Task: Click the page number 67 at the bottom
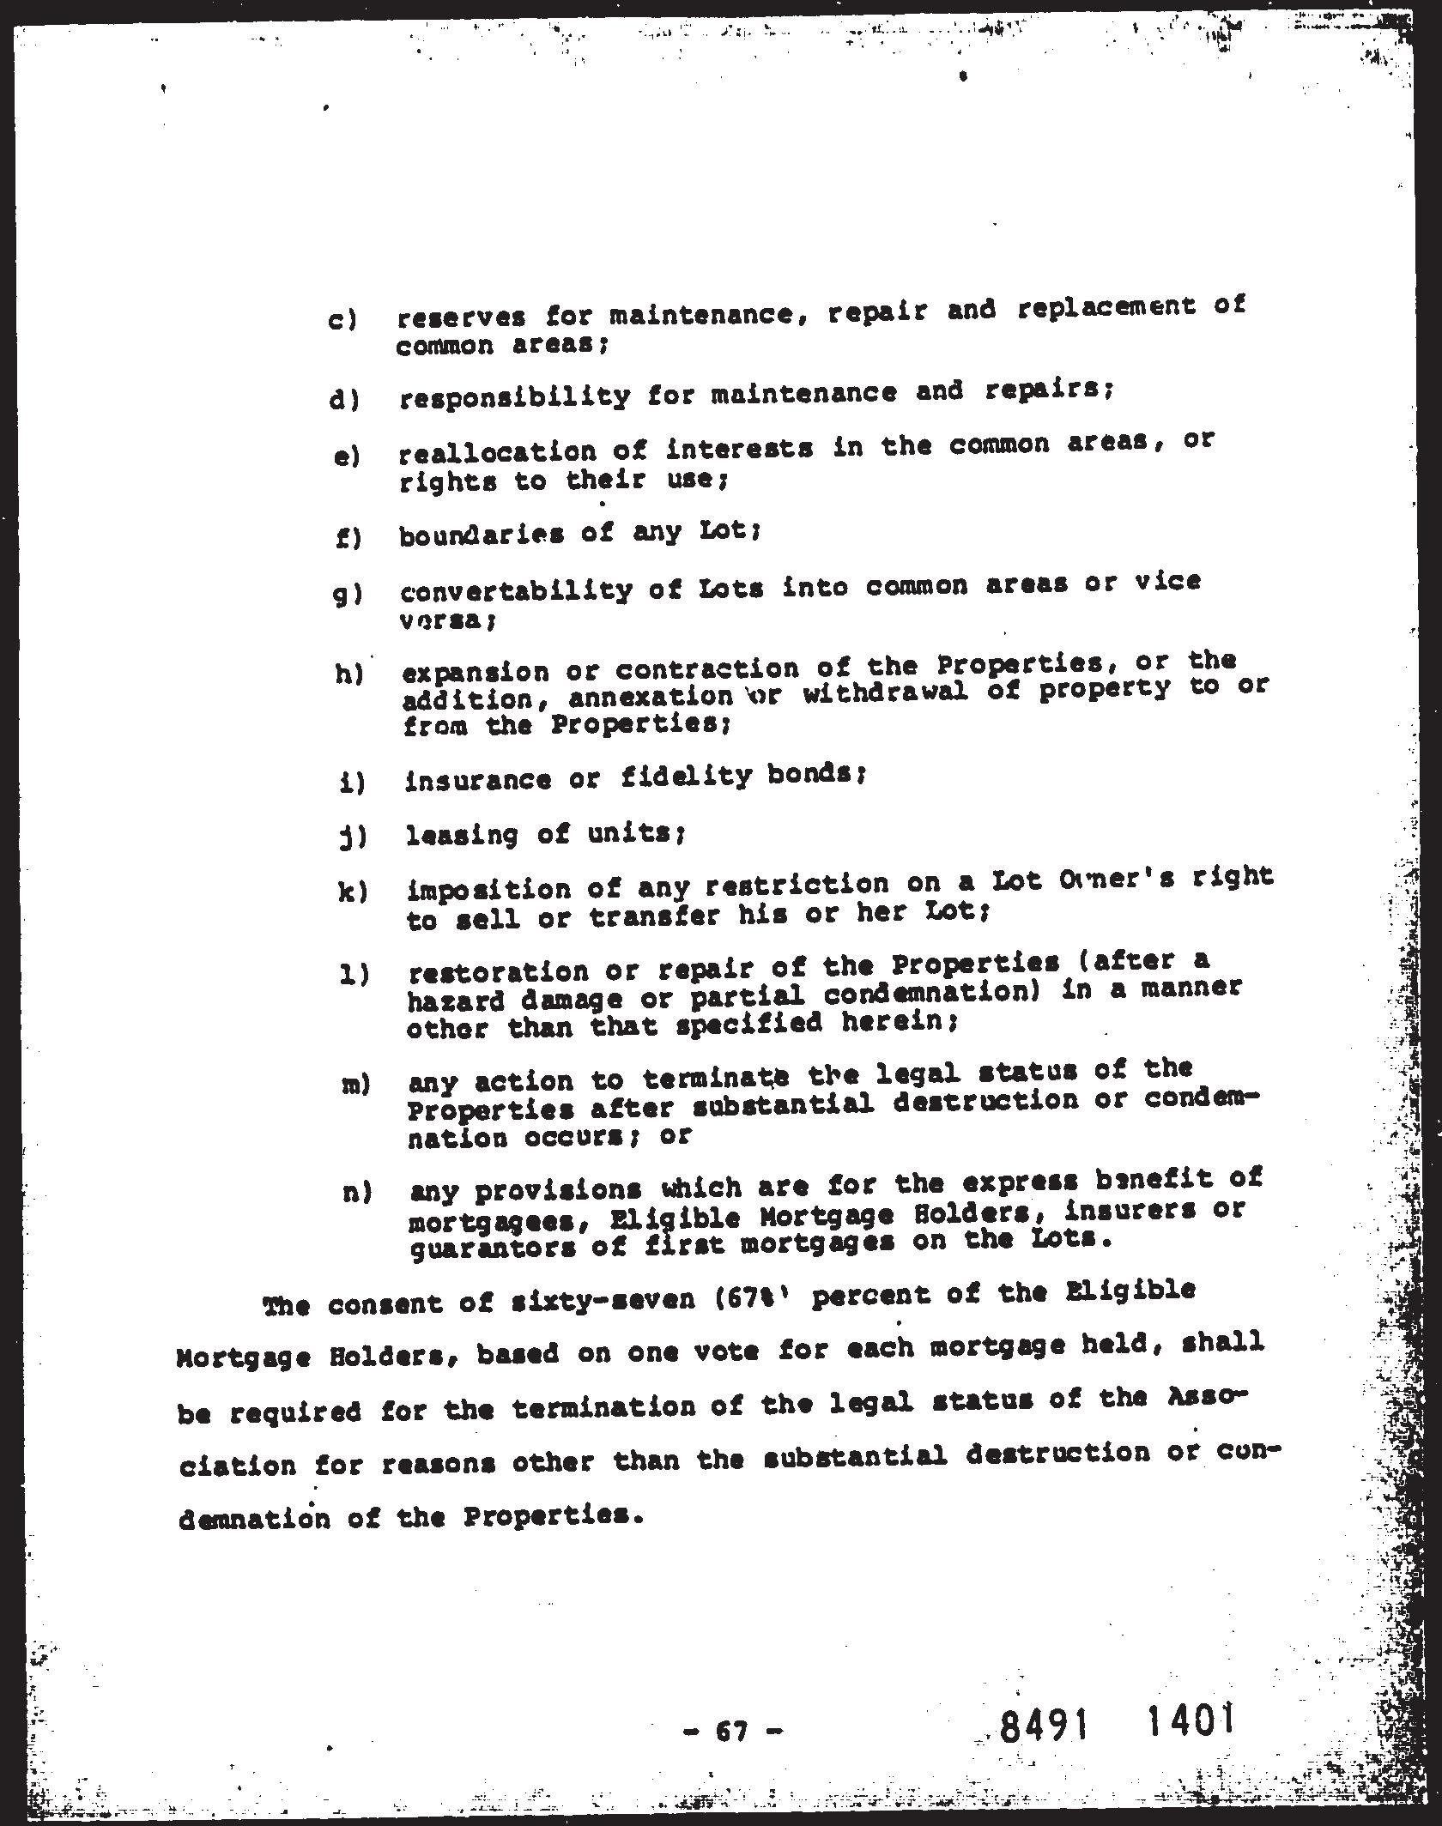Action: point(734,1731)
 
